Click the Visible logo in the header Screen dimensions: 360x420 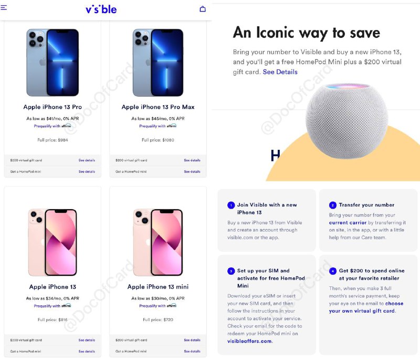pyautogui.click(x=101, y=9)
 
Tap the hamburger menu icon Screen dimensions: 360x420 pyautogui.click(x=4, y=8)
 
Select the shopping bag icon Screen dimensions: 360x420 pyautogui.click(x=203, y=9)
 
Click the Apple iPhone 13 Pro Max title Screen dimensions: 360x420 pyautogui.click(x=158, y=107)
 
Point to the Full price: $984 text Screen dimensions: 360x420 pyautogui.click(x=52, y=140)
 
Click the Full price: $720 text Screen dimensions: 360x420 pyautogui.click(x=157, y=320)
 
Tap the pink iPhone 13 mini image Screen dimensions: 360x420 pyautogui.click(x=158, y=242)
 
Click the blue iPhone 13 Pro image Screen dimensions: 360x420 pyautogui.click(x=52, y=63)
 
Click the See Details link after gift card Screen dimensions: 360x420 pyautogui.click(x=280, y=72)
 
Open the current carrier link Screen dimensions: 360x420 pyautogui.click(x=348, y=223)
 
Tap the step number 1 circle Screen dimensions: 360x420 pyautogui.click(x=230, y=205)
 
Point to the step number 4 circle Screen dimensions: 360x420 pyautogui.click(x=332, y=271)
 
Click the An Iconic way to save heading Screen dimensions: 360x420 pyautogui.click(x=306, y=33)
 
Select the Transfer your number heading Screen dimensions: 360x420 pyautogui.click(x=366, y=205)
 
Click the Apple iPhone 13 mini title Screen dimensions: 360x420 pyautogui.click(x=158, y=287)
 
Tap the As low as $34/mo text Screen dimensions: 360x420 pyautogui.click(x=52, y=299)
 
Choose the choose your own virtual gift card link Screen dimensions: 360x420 pyautogui.click(x=366, y=307)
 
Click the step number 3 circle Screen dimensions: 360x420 pyautogui.click(x=230, y=271)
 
